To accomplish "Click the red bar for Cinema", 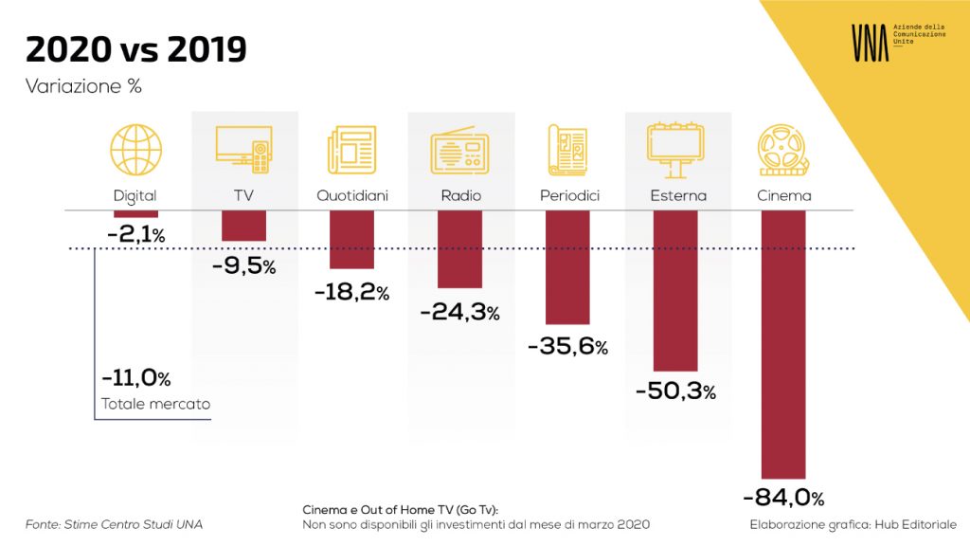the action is click(x=783, y=344).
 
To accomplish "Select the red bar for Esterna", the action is click(x=675, y=290).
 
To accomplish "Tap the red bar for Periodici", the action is click(x=567, y=267).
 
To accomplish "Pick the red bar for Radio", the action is click(x=459, y=249).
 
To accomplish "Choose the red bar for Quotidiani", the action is click(x=351, y=240).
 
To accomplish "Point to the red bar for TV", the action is click(x=243, y=226).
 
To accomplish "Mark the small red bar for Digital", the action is click(x=135, y=213).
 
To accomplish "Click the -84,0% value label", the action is click(x=783, y=497).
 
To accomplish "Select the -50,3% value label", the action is click(x=675, y=391).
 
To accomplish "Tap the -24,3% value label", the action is click(x=459, y=311).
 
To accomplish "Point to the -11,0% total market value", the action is click(x=136, y=377).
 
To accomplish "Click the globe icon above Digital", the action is click(x=136, y=150).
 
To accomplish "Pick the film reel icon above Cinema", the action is click(x=783, y=150).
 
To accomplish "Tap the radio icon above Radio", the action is click(x=459, y=151).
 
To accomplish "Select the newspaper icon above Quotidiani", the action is click(x=351, y=150).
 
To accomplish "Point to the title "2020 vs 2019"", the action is click(x=136, y=49).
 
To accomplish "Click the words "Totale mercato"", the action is click(x=156, y=404).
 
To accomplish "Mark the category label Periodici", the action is click(x=569, y=195).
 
